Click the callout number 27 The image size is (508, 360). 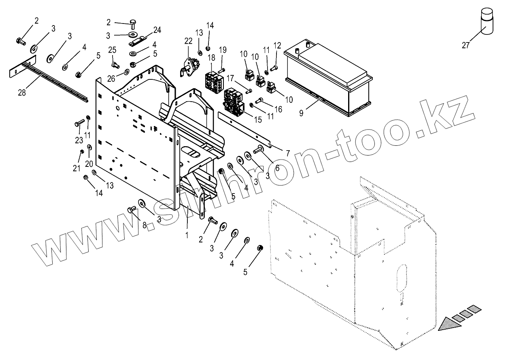click(x=465, y=45)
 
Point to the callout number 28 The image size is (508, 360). click(x=21, y=93)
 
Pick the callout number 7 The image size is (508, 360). click(x=288, y=153)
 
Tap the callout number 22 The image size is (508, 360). click(x=188, y=41)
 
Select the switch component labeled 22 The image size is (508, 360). click(x=189, y=65)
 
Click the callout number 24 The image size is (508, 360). click(x=157, y=30)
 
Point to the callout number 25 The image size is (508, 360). click(x=112, y=50)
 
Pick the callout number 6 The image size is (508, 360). click(x=277, y=167)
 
